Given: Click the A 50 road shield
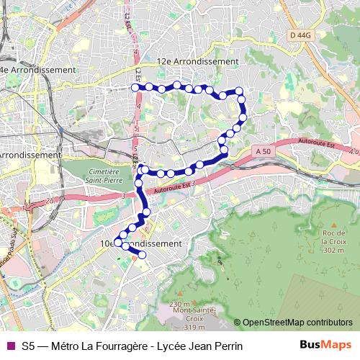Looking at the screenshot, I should [264, 151].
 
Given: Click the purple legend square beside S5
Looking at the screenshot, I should [9, 346].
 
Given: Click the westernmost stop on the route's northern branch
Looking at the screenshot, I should [135, 88].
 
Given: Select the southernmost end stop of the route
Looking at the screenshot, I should [142, 255].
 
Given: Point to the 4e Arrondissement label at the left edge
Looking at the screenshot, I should [37, 70].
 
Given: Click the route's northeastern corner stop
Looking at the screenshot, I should [240, 91].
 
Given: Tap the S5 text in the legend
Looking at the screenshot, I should [29, 346].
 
